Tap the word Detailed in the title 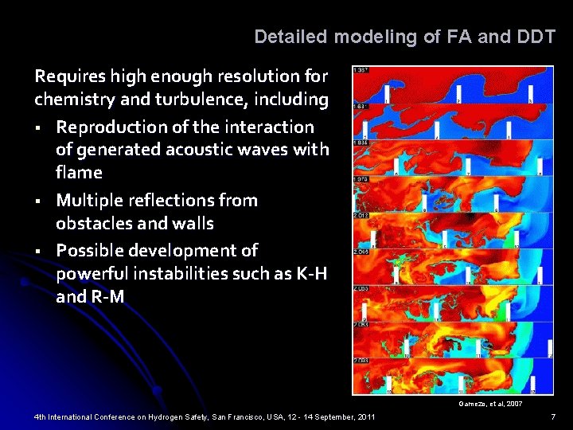point(291,37)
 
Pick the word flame point(79,173)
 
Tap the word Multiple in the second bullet point(94,200)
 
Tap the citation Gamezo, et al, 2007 point(490,405)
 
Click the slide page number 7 point(553,417)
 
